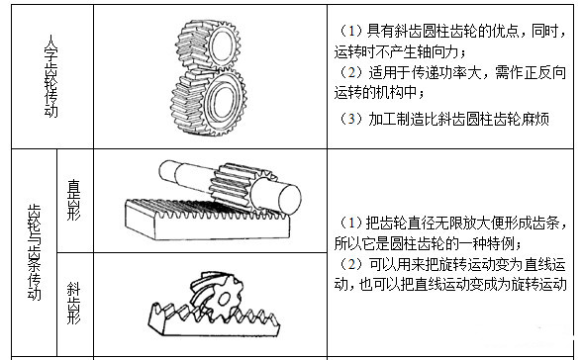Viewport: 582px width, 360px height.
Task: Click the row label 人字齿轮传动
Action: [50, 76]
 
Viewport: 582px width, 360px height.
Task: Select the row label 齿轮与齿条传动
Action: [34, 252]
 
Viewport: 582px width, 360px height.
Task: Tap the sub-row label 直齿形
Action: [73, 200]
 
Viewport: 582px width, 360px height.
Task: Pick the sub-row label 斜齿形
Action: [73, 303]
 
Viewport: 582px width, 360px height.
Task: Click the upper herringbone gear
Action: [208, 46]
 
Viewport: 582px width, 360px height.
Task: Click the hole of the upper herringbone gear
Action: [222, 45]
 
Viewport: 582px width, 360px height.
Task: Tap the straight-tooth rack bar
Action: [207, 220]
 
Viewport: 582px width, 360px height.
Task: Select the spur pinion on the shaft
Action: [242, 187]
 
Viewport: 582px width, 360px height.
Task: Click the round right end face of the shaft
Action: [289, 200]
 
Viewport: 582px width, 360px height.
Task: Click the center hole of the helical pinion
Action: [224, 298]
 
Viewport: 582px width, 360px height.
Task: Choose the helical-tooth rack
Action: [214, 319]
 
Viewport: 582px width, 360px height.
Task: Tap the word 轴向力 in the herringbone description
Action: [437, 51]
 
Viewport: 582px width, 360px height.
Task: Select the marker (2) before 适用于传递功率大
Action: [351, 72]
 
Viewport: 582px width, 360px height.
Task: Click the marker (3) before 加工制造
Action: [351, 119]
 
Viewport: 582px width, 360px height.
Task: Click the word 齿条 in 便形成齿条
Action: [546, 223]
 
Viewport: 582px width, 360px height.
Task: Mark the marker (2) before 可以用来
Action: [351, 264]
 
